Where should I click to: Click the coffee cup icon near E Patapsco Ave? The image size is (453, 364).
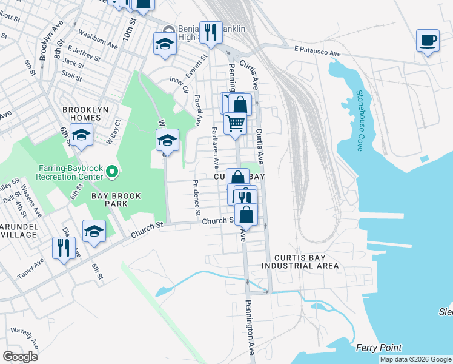[x=428, y=41]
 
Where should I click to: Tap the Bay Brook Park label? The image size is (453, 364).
[x=109, y=200]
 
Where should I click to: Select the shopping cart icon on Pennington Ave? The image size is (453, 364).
[x=235, y=123]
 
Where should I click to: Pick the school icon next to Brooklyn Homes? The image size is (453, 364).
[x=81, y=135]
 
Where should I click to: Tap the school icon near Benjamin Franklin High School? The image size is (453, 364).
[x=165, y=43]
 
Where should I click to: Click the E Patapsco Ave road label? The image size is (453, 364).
[x=317, y=51]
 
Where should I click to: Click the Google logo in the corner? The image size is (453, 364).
[x=21, y=357]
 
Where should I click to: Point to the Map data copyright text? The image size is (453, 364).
[x=415, y=359]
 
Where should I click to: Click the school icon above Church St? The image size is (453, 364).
[x=94, y=231]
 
